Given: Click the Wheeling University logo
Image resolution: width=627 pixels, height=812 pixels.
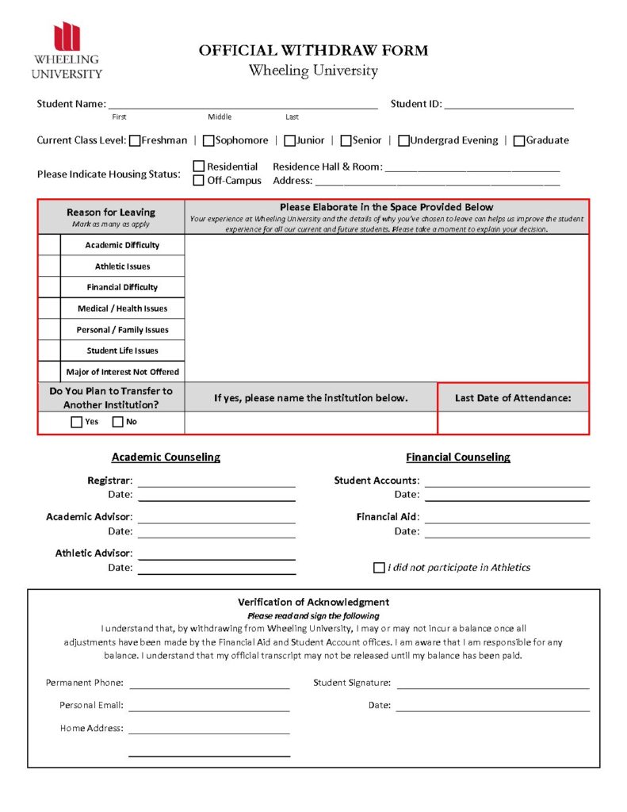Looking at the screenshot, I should pos(67,51).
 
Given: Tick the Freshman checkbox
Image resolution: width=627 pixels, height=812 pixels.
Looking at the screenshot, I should pos(135,141).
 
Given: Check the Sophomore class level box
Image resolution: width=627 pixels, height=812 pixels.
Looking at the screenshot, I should pos(208,141).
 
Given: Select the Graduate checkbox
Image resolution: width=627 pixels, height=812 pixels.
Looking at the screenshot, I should pos(519,141).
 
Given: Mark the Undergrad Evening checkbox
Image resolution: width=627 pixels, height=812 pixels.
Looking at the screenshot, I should pos(403,141).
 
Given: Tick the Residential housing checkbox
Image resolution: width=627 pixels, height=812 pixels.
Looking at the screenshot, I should pos(199,167).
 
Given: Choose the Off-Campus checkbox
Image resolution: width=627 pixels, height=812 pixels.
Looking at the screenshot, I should pos(199,181).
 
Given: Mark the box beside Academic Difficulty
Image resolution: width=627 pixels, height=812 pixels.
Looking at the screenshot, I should pos(49,245).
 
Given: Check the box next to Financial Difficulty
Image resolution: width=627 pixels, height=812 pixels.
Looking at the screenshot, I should pos(49,287).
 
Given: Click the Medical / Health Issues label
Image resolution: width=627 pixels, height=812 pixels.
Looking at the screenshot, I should pos(122,308).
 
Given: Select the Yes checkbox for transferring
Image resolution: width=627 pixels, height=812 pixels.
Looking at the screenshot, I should pos(76,422).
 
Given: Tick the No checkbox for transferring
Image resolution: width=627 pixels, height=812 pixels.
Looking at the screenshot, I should pos(117,422).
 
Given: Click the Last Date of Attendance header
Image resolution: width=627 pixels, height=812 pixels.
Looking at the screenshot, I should pos(513,398).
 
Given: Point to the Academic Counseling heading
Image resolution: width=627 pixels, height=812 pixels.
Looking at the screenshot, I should pos(166,458).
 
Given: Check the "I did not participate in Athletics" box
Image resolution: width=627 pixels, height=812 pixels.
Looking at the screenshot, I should pos(379,568).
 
